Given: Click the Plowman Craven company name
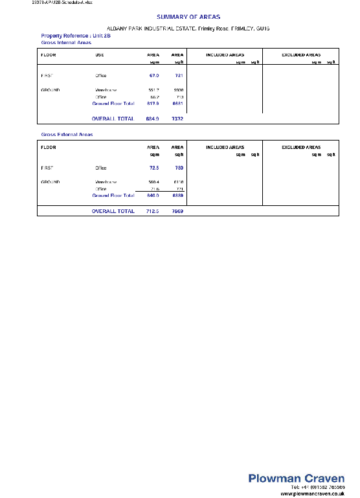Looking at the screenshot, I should point(297,478).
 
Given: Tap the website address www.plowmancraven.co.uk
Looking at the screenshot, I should point(311,493).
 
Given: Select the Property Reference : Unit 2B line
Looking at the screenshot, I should point(67,35).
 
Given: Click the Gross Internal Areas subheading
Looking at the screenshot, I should point(66,42).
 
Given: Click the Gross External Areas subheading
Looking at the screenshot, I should point(67,134).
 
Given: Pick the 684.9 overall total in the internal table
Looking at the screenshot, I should point(153,119).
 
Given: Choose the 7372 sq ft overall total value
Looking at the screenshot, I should point(177,119).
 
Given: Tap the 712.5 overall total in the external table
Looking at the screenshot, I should point(153,210).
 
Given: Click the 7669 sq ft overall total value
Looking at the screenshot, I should point(177,210).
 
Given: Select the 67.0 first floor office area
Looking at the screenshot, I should point(154,76).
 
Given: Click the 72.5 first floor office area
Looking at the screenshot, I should point(154,168).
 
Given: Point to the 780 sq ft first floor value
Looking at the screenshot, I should point(179,168).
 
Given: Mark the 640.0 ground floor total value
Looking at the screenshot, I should point(153,195).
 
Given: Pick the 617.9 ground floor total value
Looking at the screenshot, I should point(153,103).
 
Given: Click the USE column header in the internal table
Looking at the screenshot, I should point(100,55).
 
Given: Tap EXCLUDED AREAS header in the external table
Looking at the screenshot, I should point(301,147).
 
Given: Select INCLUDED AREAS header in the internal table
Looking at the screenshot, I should point(225,55).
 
